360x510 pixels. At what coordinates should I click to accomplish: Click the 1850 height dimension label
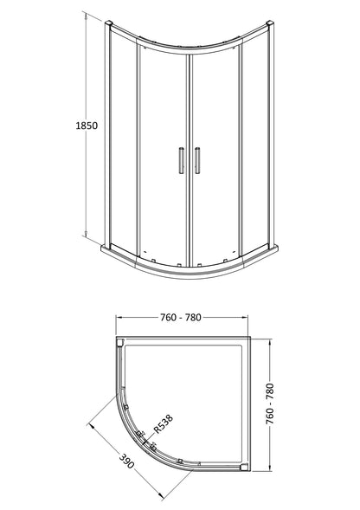tap(84, 126)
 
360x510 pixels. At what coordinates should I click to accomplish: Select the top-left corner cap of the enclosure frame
tap(110, 19)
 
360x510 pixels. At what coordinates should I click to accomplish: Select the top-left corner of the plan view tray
tap(120, 341)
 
